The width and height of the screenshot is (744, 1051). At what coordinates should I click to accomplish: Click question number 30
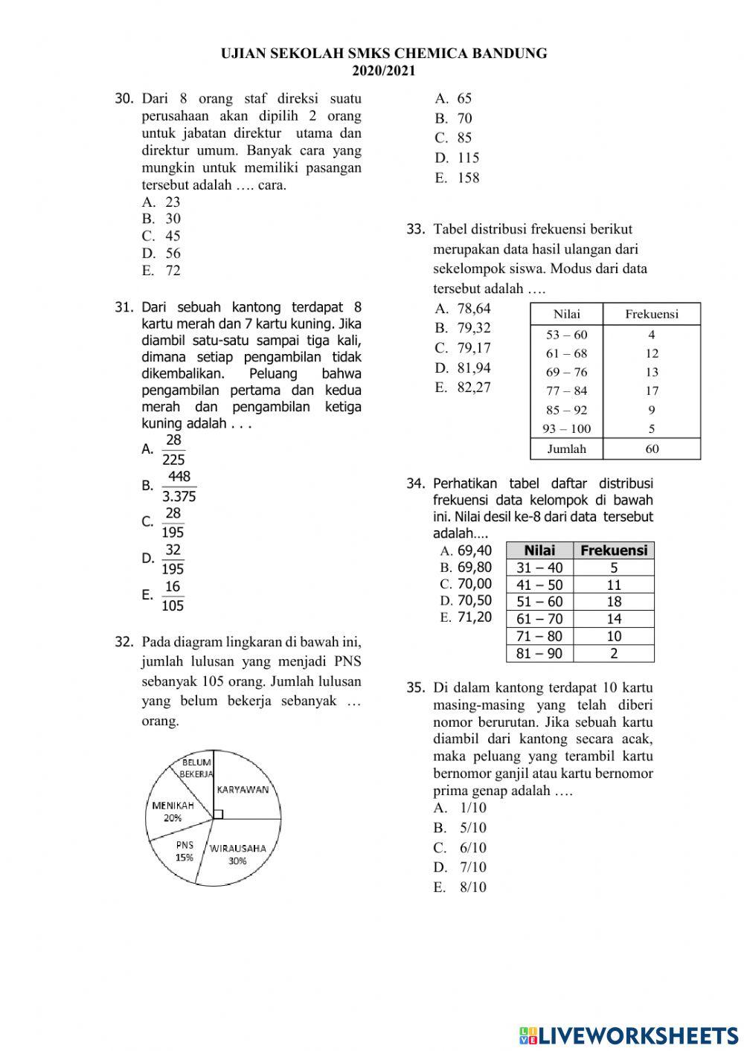click(124, 99)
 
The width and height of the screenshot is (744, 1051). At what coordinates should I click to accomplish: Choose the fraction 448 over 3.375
click(179, 486)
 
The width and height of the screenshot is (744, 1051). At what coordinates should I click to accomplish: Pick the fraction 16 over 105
click(173, 596)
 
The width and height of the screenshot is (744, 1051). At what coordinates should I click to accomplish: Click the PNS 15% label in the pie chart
click(185, 851)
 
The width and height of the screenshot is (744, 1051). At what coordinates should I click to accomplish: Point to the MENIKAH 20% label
click(173, 811)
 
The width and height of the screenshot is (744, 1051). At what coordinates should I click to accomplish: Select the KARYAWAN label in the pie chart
click(243, 790)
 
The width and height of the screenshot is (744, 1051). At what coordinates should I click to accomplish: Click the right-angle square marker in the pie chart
click(218, 814)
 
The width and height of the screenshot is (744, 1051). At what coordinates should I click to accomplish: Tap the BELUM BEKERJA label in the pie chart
click(196, 768)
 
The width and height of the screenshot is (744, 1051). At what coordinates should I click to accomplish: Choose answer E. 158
click(458, 178)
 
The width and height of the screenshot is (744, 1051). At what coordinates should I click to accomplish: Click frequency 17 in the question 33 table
click(652, 390)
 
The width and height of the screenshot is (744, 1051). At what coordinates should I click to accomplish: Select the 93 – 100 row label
click(566, 428)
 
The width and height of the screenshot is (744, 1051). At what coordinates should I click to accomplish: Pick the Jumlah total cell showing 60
click(652, 449)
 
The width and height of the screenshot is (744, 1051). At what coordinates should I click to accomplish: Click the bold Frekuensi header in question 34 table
click(614, 550)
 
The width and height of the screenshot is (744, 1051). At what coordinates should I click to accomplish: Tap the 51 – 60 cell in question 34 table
click(539, 602)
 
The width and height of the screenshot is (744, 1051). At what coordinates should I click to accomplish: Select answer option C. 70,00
click(466, 584)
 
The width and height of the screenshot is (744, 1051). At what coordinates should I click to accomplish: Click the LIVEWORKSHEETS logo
click(629, 1035)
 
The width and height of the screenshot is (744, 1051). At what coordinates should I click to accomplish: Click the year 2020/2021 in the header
click(384, 71)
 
